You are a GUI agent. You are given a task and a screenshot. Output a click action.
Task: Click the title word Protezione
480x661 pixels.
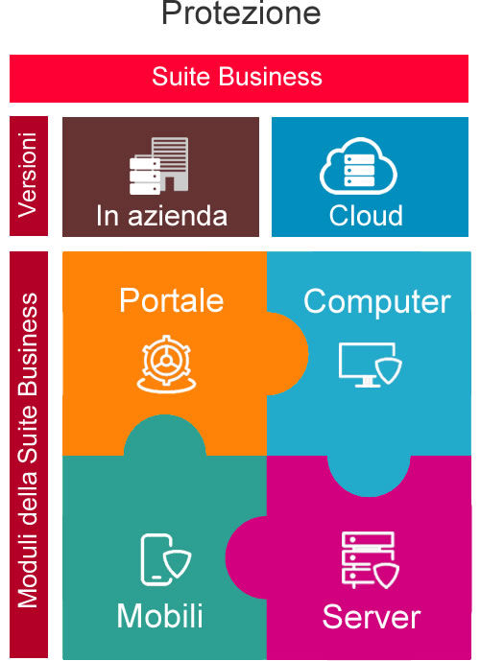(241, 12)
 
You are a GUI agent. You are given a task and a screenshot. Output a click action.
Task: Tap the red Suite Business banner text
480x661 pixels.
(237, 77)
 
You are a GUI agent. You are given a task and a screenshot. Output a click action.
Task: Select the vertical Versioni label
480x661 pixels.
(28, 175)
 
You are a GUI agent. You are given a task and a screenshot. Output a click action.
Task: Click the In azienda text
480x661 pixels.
(161, 216)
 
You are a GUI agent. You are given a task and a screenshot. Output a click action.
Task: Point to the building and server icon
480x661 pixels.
(159, 166)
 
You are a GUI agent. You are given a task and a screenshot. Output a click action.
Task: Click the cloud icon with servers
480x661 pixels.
(358, 166)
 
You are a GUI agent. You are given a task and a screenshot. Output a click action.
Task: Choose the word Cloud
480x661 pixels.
(366, 216)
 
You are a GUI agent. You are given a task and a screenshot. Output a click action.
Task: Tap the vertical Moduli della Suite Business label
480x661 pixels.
(28, 450)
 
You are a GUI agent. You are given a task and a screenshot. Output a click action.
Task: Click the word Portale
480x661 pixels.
(171, 300)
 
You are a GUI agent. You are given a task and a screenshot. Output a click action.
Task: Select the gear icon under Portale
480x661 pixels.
(167, 364)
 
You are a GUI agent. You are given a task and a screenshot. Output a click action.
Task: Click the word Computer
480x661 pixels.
(377, 302)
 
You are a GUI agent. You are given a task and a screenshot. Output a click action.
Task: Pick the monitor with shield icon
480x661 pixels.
(370, 365)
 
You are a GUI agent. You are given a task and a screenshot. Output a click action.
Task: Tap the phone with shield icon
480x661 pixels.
(165, 559)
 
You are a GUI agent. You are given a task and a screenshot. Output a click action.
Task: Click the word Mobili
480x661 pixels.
(160, 616)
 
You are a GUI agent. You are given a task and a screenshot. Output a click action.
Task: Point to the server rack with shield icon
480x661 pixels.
(370, 560)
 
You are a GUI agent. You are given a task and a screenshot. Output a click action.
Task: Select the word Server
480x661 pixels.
(372, 617)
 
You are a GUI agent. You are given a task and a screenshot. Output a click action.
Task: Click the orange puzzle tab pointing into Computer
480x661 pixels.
(288, 354)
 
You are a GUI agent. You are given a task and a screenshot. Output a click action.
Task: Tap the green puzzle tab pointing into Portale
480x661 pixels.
(165, 436)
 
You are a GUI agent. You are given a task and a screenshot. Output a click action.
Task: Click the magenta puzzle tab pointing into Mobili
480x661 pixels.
(247, 557)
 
